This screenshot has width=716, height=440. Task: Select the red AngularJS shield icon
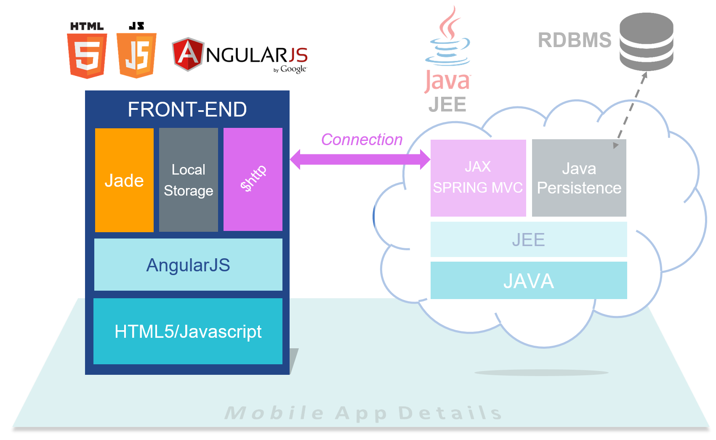188,54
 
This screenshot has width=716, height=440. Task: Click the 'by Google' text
290,69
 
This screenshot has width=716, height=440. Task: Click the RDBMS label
574,40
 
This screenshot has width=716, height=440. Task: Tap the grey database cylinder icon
646,42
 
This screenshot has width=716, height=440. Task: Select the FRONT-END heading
187,109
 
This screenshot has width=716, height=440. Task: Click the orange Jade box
124,180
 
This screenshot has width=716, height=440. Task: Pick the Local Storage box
189,180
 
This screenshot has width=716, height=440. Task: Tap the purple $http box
253,179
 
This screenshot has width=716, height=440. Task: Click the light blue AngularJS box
188,265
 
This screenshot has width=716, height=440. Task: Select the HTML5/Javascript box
188,331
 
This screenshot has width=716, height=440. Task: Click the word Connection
362,140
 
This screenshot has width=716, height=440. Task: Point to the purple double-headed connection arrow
360,159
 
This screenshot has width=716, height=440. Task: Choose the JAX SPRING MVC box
478,178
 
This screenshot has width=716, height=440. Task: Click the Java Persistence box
579,178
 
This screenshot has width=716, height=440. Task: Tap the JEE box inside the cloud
529,240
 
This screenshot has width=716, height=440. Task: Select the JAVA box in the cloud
529,281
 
